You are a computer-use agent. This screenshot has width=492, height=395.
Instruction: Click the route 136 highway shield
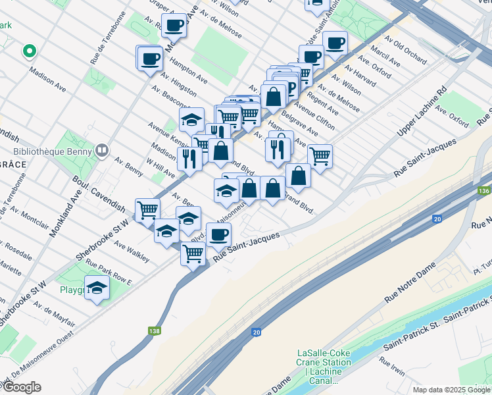click(x=483, y=191)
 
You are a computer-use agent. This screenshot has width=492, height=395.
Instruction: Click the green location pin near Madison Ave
click(x=28, y=50)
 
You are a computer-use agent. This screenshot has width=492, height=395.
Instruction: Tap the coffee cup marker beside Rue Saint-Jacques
click(x=218, y=234)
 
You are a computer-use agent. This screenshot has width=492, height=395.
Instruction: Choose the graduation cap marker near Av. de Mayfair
click(x=97, y=288)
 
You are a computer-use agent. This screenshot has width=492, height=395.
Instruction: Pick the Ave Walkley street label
click(x=131, y=251)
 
